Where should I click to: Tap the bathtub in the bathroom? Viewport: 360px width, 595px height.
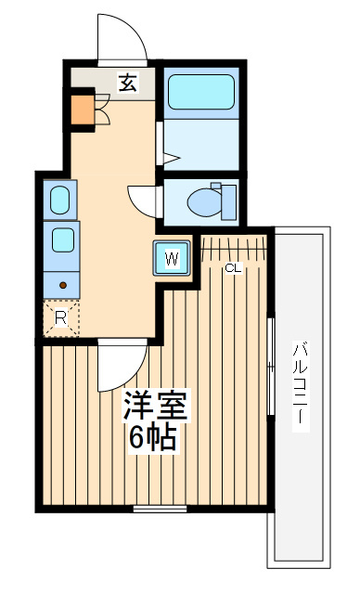201,92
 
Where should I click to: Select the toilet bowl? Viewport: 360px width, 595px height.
204,201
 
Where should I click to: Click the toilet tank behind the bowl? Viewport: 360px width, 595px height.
228,202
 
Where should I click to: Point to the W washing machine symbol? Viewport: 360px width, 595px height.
172,259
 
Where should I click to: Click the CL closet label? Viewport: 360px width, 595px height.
233,268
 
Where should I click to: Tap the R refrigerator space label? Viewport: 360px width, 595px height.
60,318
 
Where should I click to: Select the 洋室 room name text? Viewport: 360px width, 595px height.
155,405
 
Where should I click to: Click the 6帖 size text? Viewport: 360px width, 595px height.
153,438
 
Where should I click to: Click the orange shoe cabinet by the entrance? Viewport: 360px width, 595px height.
83,110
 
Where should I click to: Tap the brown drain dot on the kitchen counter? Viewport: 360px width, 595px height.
63,285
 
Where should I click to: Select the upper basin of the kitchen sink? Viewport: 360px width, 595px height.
60,200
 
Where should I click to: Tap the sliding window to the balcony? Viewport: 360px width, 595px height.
271,367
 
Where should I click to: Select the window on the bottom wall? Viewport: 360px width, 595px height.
161,509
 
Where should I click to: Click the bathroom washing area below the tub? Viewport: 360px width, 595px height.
201,145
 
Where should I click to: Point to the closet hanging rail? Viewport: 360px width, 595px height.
233,248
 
